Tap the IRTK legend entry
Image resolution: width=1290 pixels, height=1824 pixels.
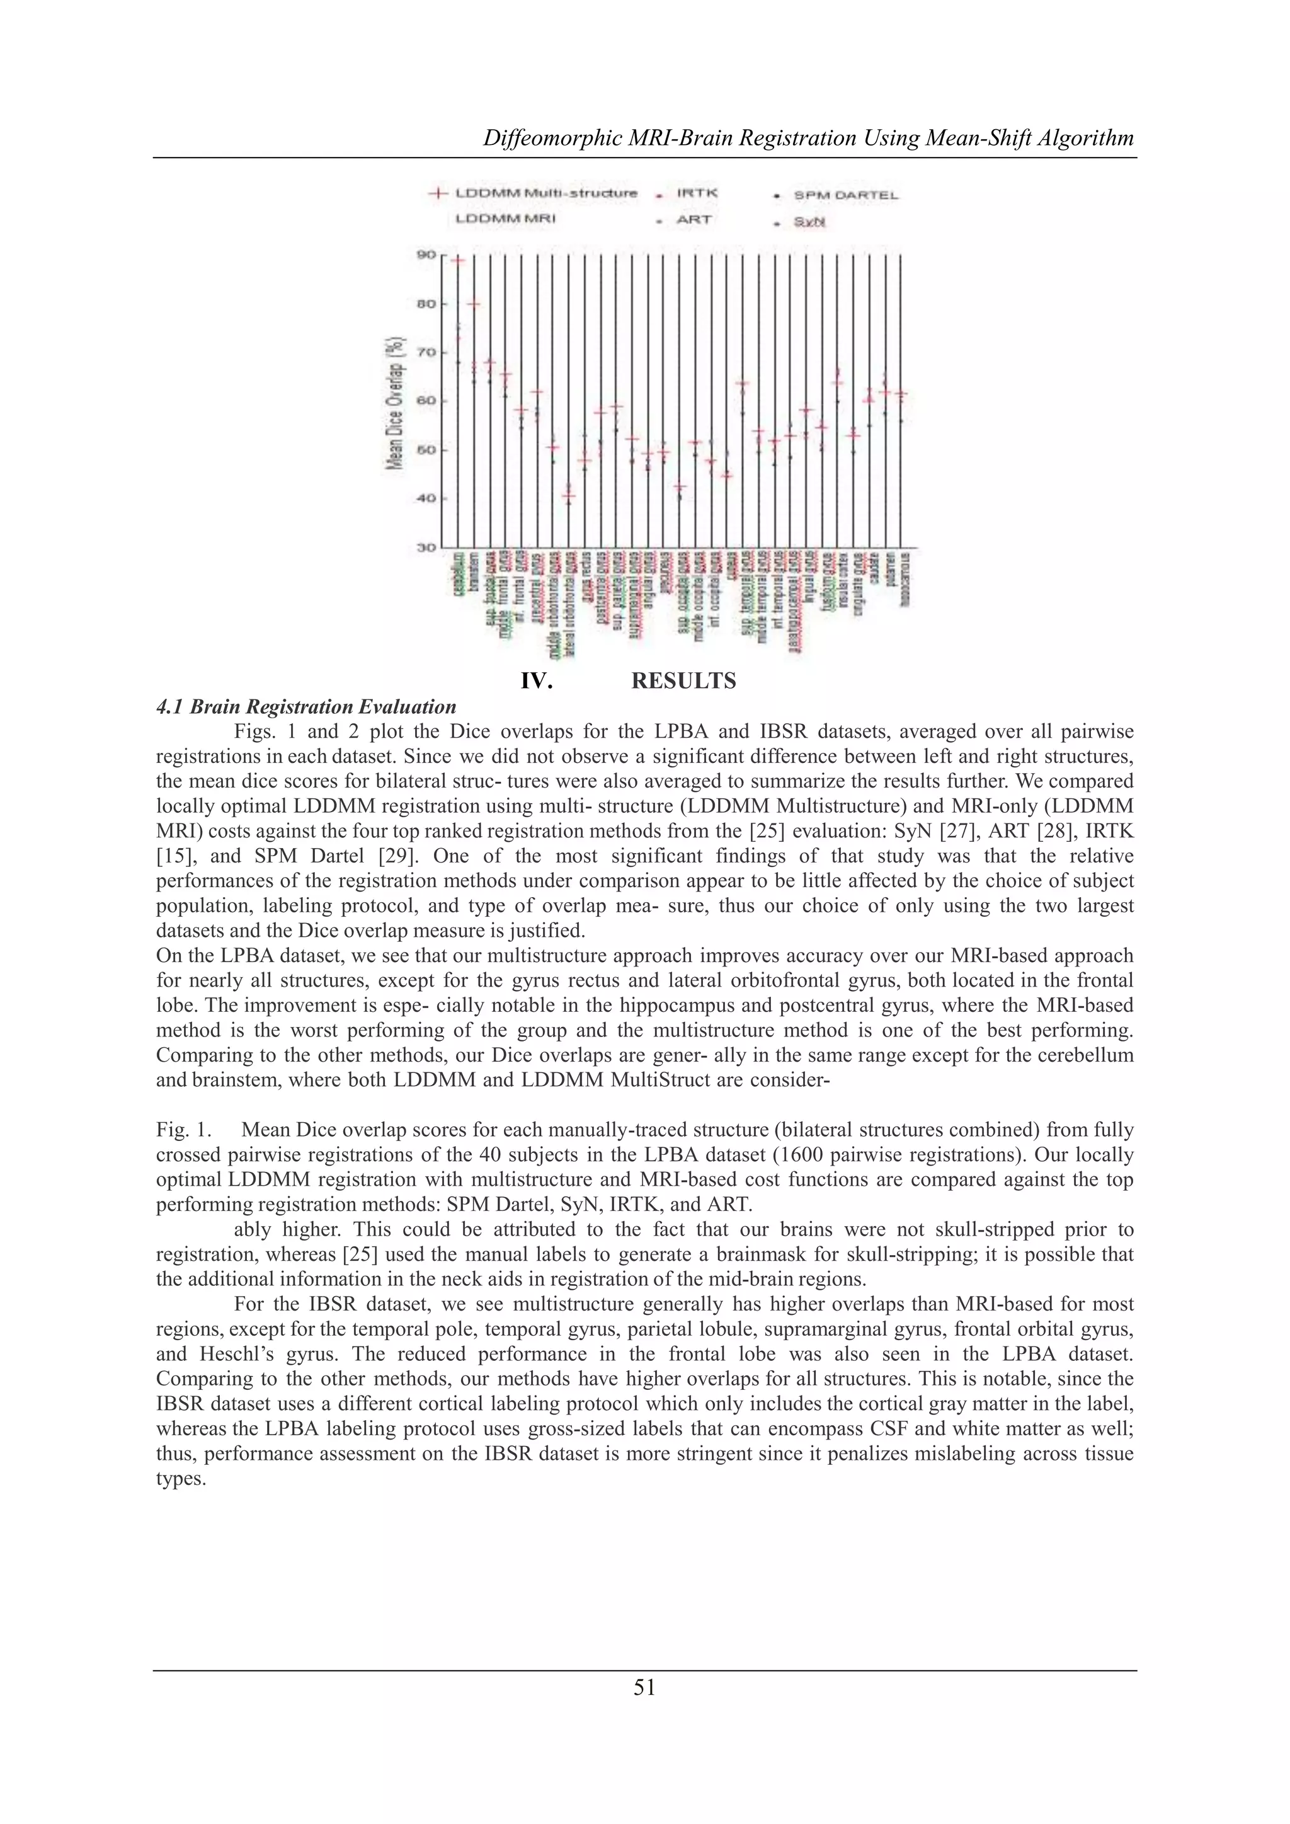point(697,193)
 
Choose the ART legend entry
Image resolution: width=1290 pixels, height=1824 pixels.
point(694,219)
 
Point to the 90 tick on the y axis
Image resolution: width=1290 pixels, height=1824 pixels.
point(426,254)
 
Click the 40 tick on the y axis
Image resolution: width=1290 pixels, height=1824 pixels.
point(426,499)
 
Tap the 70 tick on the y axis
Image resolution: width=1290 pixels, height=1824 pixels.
point(426,352)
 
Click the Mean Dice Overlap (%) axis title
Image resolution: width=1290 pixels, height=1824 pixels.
point(392,401)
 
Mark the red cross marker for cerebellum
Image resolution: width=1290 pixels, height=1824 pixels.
point(457,260)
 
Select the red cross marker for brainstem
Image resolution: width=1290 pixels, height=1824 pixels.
point(474,304)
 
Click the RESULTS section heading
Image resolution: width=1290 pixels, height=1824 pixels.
point(683,681)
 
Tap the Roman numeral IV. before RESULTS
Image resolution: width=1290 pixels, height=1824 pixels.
point(537,681)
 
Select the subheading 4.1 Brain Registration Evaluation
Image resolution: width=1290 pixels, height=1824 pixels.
point(306,706)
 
